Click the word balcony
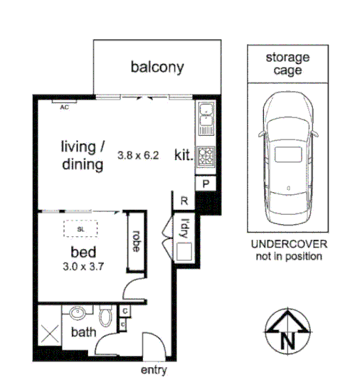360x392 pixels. (157, 68)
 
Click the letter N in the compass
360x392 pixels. (288, 340)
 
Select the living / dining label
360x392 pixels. (82, 156)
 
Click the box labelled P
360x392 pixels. (206, 183)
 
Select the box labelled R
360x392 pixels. (184, 201)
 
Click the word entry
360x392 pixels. (154, 371)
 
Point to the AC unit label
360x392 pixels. (64, 107)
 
